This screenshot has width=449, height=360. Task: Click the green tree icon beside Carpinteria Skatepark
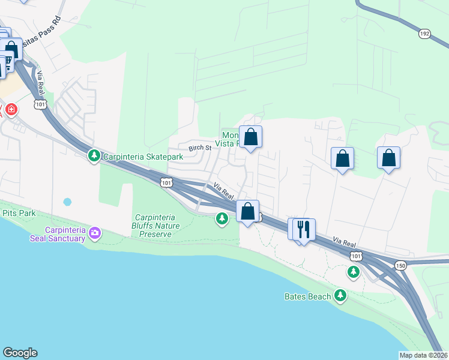click(x=94, y=156)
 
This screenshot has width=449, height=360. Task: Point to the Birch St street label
click(x=200, y=148)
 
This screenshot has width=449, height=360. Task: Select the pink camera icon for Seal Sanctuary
click(x=94, y=232)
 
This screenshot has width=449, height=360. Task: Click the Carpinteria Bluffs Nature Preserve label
click(x=154, y=226)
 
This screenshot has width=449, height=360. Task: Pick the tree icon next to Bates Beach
click(x=341, y=295)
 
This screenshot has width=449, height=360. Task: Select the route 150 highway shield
click(x=400, y=265)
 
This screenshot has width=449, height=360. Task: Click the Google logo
click(x=20, y=353)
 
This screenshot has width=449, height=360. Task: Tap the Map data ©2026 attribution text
click(x=423, y=355)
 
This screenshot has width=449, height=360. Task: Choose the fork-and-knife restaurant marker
click(x=304, y=229)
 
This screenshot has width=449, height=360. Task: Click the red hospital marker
click(x=11, y=110)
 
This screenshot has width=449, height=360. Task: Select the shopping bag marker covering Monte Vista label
click(x=250, y=137)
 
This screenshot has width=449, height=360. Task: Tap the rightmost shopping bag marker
click(x=388, y=158)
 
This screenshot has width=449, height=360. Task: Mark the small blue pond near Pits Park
click(x=67, y=202)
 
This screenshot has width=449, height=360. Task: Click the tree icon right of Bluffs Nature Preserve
click(x=222, y=218)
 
